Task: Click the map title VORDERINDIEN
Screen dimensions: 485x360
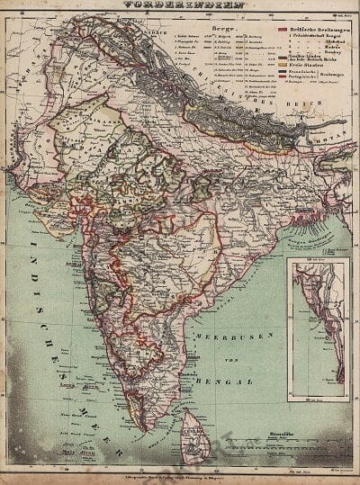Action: pos(179,4)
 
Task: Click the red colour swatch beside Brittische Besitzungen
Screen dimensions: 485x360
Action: pos(280,30)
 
